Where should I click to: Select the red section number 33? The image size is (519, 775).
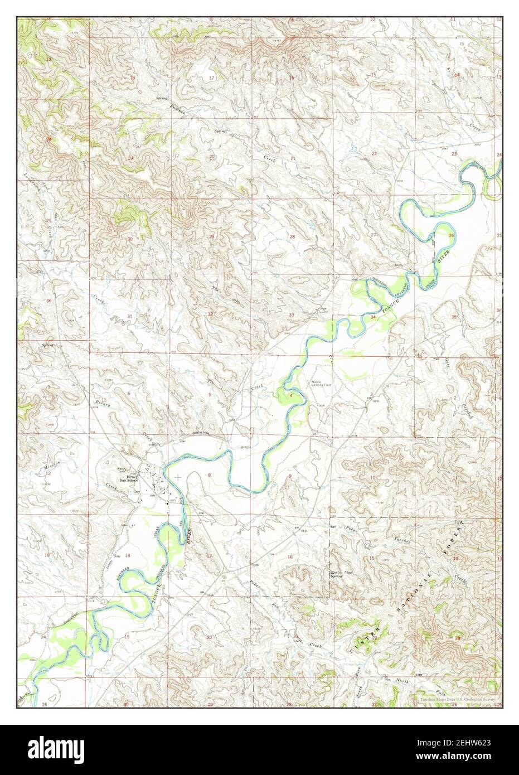click(292, 316)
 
